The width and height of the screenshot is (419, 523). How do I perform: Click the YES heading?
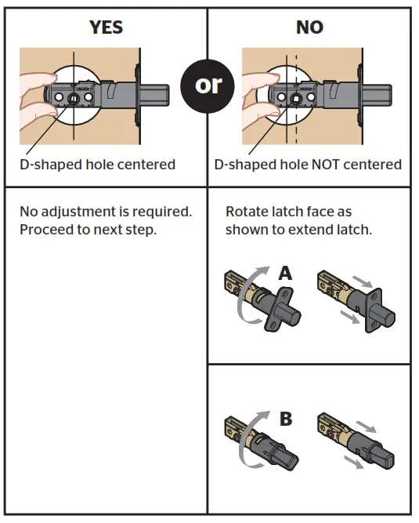tap(106, 27)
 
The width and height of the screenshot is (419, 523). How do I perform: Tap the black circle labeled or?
tap(208, 84)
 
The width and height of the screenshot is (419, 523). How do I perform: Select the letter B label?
tap(286, 419)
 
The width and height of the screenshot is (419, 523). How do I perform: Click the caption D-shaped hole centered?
tap(97, 165)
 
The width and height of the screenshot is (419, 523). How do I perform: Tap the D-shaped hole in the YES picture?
tap(72, 98)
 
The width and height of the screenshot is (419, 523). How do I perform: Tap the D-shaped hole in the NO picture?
tap(296, 99)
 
